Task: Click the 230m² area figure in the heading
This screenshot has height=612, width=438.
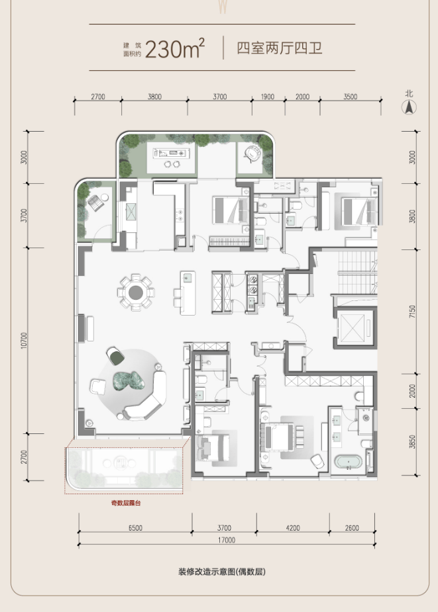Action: pos(175,48)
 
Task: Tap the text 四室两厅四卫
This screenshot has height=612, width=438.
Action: pos(280,48)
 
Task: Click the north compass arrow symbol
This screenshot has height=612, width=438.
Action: pos(409,107)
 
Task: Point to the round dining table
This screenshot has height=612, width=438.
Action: pos(136,292)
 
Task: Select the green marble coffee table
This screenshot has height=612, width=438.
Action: pos(129,380)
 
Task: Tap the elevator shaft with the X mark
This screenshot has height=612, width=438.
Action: pos(353,328)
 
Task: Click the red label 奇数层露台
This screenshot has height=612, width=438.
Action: pos(125,503)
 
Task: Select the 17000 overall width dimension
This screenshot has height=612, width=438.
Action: pos(227,540)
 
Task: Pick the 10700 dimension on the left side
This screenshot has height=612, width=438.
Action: pos(25,340)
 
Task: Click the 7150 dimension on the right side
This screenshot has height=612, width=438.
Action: pos(412,312)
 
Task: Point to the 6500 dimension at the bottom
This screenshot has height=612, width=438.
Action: pos(135,528)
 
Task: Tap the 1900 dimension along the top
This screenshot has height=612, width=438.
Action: pos(268,97)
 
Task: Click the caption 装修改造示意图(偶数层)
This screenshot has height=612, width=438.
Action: pos(222,572)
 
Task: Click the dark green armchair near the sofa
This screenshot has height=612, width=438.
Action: pos(115,356)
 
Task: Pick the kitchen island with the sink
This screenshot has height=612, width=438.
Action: pos(188,293)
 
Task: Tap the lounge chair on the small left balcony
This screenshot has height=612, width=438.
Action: pos(96,202)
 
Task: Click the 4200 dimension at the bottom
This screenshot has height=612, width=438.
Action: pos(292,528)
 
